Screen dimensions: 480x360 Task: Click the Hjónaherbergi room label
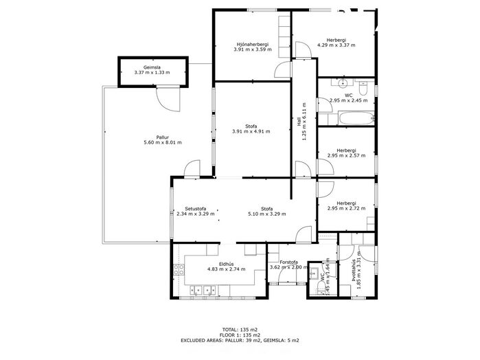pos(252,44)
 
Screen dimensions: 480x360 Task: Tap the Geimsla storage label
pos(152,67)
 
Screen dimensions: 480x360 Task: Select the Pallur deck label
pos(162,137)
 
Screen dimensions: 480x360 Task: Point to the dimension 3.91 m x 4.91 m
pos(251,131)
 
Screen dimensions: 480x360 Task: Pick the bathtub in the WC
pos(356,118)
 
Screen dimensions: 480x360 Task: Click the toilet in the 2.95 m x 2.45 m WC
pos(363,88)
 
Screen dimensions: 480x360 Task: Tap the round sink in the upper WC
pos(342,82)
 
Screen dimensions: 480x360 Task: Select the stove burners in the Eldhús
pos(179,269)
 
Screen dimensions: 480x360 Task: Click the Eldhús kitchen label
pos(226,264)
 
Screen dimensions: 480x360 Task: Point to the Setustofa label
pos(195,209)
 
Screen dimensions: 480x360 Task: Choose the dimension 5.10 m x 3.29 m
pos(267,214)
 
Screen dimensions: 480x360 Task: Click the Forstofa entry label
pos(288,262)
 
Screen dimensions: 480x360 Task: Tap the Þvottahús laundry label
pos(354,271)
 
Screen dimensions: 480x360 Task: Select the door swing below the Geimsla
pos(168,100)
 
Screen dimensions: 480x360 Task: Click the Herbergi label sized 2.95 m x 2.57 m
pos(346,150)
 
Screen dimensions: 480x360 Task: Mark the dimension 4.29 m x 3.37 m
pos(336,45)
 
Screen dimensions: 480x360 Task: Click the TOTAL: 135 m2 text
pos(240,330)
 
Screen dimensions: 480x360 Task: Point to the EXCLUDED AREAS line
pos(240,340)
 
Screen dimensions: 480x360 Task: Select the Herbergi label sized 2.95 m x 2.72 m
pos(346,203)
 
